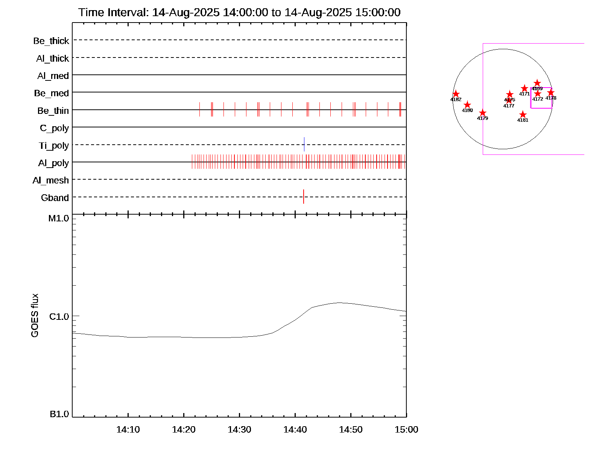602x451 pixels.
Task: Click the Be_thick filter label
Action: point(51,41)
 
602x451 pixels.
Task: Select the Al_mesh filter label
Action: point(51,180)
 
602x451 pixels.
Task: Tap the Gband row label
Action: point(55,198)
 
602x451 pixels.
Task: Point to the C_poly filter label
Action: point(54,128)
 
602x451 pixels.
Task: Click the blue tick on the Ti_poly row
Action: point(304,144)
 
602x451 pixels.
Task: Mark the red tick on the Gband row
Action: point(304,197)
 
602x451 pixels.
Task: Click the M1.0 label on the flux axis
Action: point(59,218)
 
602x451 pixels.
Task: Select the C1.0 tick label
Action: point(59,317)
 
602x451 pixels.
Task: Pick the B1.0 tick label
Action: point(59,414)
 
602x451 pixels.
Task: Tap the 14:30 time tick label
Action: point(239,430)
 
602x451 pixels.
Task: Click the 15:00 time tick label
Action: point(406,430)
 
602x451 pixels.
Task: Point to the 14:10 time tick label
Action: point(128,430)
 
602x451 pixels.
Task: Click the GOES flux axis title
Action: point(35,316)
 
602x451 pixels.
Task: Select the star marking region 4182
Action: point(456,94)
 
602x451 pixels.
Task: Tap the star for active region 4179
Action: point(483,113)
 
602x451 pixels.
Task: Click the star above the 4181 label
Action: point(523,115)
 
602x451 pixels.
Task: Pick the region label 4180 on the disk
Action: point(467,110)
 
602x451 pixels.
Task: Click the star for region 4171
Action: point(524,88)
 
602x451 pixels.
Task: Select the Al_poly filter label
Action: point(53,163)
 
